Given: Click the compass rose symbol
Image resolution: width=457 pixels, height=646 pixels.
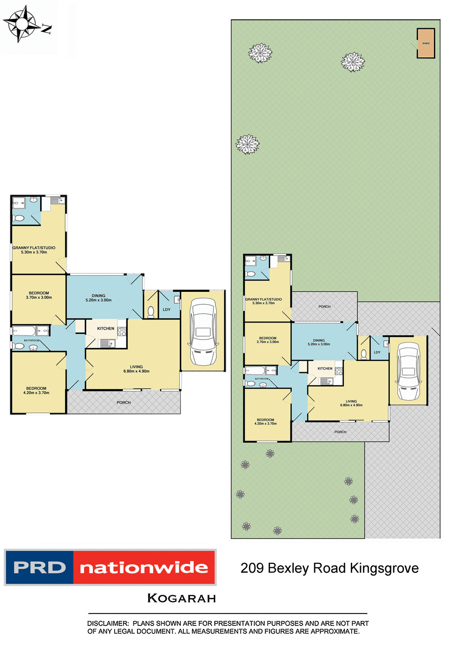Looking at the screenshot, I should click(21, 23).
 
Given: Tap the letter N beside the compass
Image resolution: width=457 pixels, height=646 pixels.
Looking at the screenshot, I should click(46, 29).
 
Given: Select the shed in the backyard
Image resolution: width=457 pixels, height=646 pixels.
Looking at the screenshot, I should click(426, 43).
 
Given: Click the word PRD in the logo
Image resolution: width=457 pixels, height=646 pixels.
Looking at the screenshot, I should click(39, 567).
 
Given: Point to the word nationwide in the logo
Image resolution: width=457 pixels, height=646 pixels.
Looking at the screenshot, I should click(144, 567).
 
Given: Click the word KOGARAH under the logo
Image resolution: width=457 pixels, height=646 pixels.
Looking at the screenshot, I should click(182, 598).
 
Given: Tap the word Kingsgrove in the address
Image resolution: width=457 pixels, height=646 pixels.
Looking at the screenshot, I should click(384, 568).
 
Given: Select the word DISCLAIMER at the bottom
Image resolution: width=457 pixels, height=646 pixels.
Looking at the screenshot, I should click(107, 623).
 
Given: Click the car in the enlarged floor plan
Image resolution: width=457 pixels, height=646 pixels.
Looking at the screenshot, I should click(203, 331).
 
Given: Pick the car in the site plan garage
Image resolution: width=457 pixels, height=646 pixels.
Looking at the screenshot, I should click(408, 371).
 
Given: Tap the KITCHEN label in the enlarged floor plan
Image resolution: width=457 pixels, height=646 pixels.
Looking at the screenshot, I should click(106, 328).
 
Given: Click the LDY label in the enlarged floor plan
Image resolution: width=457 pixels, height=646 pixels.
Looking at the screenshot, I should click(166, 310).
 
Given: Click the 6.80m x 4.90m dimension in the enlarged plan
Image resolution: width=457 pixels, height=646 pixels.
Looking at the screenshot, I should click(137, 371).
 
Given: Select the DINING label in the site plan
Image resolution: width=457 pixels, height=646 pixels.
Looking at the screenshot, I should click(319, 340).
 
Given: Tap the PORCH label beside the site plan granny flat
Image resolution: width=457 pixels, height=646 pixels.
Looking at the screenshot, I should click(324, 306).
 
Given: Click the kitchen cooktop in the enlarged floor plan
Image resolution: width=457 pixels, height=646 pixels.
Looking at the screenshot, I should click(122, 331).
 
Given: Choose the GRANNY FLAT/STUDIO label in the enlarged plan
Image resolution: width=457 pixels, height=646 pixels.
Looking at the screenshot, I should click(34, 248).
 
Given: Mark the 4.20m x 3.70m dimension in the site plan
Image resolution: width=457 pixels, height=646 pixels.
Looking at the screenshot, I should click(266, 423).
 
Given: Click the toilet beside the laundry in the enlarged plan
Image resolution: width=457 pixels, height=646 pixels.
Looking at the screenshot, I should click(150, 312).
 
